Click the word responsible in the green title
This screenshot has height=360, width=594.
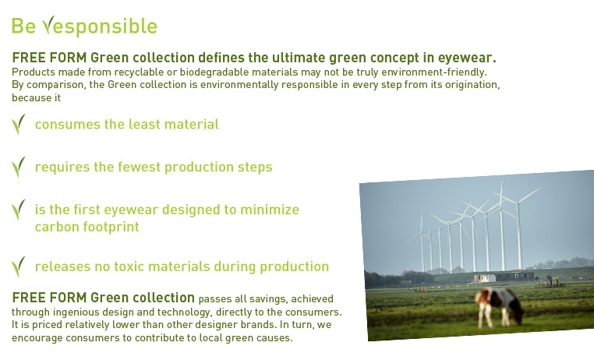[x=100, y=26]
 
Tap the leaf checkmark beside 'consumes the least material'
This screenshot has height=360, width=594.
[x=18, y=124]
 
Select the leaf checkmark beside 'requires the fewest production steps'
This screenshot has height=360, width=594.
[x=18, y=167]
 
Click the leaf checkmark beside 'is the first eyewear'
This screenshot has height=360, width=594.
[x=18, y=210]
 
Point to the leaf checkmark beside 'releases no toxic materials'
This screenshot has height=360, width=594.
[x=18, y=266]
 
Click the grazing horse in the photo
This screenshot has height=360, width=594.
[x=500, y=307]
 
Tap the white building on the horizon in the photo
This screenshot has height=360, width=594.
[x=485, y=278]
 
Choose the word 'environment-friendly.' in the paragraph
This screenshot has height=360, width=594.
[x=434, y=72]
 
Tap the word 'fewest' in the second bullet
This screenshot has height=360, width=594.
[x=139, y=167]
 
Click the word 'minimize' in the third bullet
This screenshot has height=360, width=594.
[x=270, y=210]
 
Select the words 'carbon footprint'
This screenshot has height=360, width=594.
[x=87, y=227]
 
